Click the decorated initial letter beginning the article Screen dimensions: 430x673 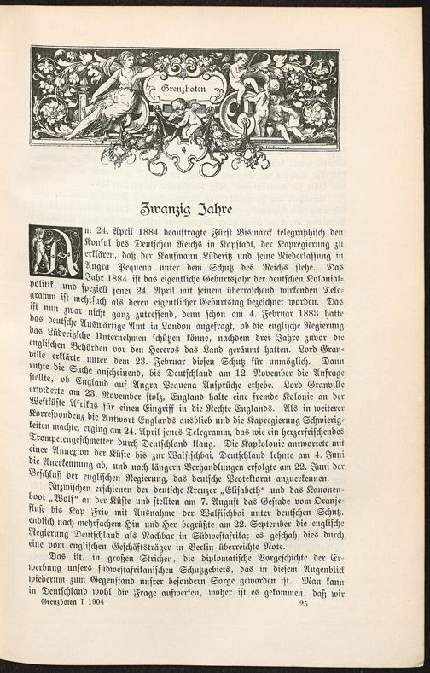point(56,252)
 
